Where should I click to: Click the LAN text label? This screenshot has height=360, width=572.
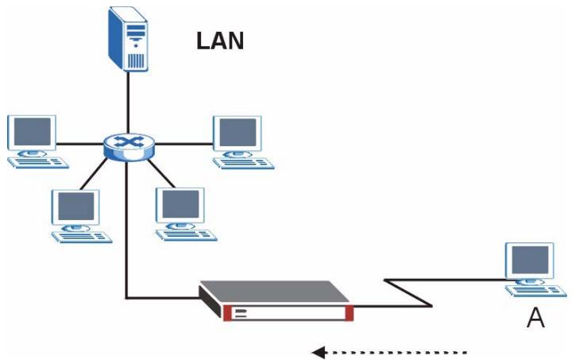click(x=220, y=41)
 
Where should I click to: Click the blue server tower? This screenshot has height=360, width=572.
click(x=128, y=39)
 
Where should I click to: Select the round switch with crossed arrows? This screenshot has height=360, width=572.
click(x=129, y=147)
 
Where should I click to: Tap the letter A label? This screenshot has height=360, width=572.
click(x=535, y=318)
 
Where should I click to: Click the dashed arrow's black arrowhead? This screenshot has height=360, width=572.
click(x=319, y=353)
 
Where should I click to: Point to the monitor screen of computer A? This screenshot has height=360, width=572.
click(x=530, y=260)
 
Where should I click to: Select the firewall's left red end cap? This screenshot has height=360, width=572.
click(x=227, y=313)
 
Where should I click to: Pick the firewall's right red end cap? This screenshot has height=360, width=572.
click(x=349, y=313)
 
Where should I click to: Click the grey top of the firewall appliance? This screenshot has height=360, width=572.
click(x=276, y=292)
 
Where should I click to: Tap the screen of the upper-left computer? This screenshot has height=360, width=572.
click(x=32, y=132)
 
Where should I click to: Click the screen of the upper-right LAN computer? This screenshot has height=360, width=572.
click(x=238, y=133)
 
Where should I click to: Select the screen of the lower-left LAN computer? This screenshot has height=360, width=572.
click(x=76, y=206)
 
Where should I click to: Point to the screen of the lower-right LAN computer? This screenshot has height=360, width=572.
click(x=180, y=204)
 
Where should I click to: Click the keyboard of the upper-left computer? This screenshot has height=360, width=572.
click(x=38, y=163)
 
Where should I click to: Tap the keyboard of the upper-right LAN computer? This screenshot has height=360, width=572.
click(x=243, y=163)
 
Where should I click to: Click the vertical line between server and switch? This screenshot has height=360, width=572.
click(x=128, y=103)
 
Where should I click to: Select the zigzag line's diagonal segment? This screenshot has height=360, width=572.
click(x=408, y=293)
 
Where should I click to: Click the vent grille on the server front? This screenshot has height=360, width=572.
click(x=136, y=60)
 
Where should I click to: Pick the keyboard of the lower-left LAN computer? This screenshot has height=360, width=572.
click(x=82, y=237)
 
